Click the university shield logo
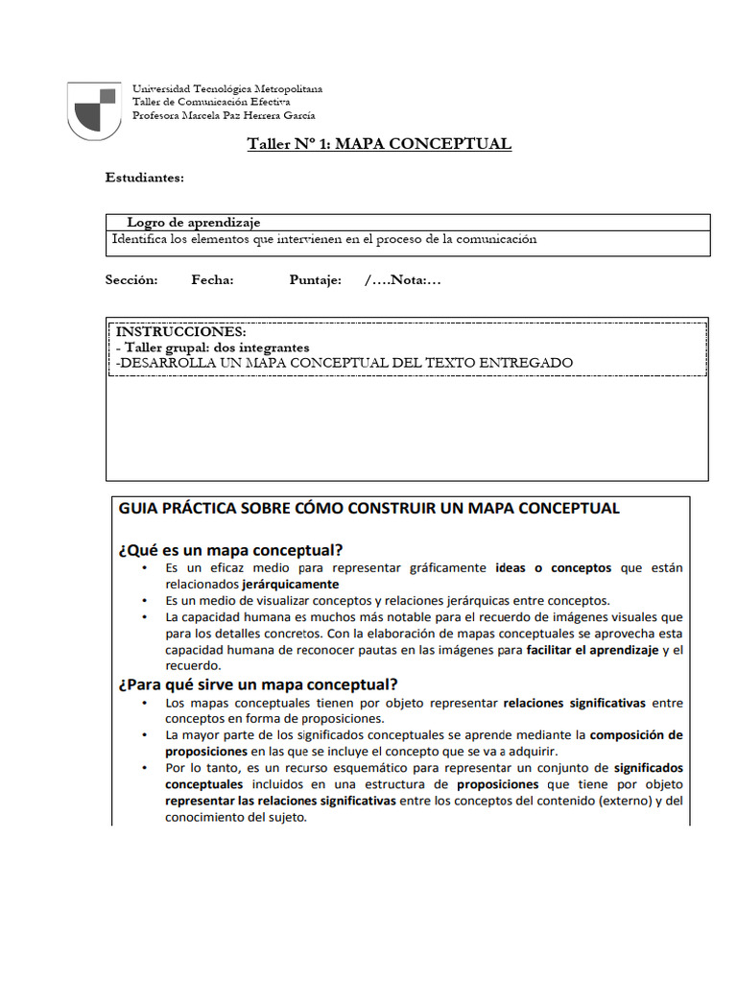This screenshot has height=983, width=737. coord(95,108)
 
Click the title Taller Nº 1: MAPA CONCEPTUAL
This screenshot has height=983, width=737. coord(379,144)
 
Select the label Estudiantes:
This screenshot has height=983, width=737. coord(144,178)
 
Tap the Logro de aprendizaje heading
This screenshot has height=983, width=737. coord(193,223)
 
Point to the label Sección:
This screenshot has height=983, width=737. coord(131,280)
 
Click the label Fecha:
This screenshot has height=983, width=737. coord(212,280)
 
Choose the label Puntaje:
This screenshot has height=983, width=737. coord(315,280)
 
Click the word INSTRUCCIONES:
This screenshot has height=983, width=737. coord(180,331)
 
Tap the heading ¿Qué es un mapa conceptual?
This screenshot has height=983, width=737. coord(230,550)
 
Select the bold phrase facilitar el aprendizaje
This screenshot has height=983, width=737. coord(592,650)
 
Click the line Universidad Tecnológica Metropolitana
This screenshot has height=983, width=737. coord(226,88)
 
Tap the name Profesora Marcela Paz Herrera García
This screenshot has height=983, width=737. coord(223,115)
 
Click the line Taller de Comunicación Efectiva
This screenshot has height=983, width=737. coord(211,102)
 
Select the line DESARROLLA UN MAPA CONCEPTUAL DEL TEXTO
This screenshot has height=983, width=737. coord(344,363)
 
